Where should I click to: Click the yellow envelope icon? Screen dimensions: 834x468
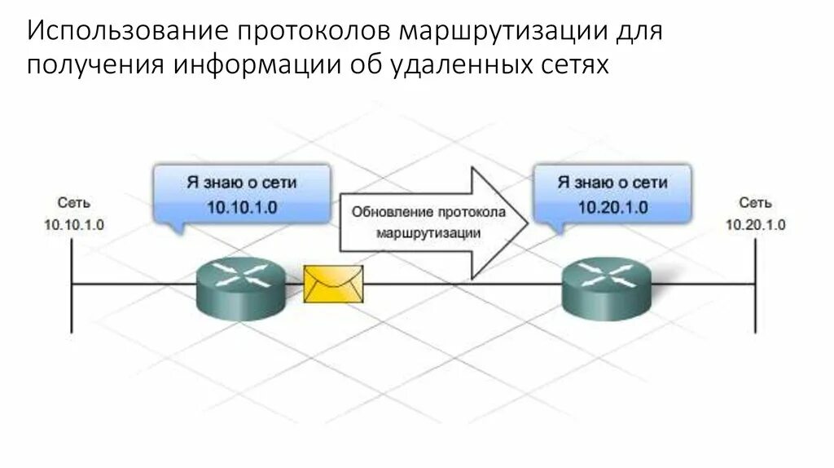pyautogui.click(x=334, y=285)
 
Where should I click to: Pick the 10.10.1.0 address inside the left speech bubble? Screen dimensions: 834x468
pyautogui.click(x=242, y=207)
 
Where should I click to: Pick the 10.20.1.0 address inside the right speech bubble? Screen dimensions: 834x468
pyautogui.click(x=612, y=207)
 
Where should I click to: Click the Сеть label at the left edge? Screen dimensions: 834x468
pyautogui.click(x=74, y=202)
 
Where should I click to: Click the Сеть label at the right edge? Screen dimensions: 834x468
pyautogui.click(x=755, y=202)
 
